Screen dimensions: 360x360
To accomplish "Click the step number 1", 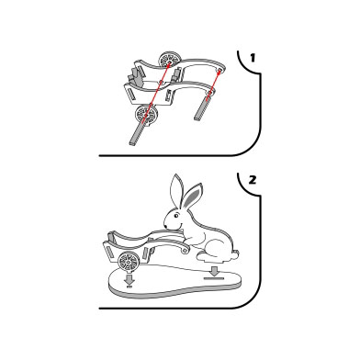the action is coord(253,58).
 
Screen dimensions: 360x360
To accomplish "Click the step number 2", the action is coord(253,180).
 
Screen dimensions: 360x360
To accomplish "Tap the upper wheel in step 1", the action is coord(168,59).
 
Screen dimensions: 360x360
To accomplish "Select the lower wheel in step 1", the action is coord(147,114).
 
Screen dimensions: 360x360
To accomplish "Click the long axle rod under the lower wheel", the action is coord(139,133).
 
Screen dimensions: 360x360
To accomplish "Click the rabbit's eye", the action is coord(176,216).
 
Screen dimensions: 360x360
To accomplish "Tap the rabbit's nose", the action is coord(165,226).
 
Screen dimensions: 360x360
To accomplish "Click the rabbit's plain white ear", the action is coord(175,190).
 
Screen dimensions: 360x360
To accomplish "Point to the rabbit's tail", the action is coord(235,254).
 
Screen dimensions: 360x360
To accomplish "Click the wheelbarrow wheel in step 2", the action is coord(129,261).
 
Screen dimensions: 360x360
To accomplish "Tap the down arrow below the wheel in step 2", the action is coord(129,279).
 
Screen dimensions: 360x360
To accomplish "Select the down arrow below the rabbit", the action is coord(215,271).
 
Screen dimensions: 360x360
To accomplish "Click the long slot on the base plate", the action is coord(214,278).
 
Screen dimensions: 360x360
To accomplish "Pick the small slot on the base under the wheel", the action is coord(129,287).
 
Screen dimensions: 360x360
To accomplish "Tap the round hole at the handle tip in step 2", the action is coord(185,251).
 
